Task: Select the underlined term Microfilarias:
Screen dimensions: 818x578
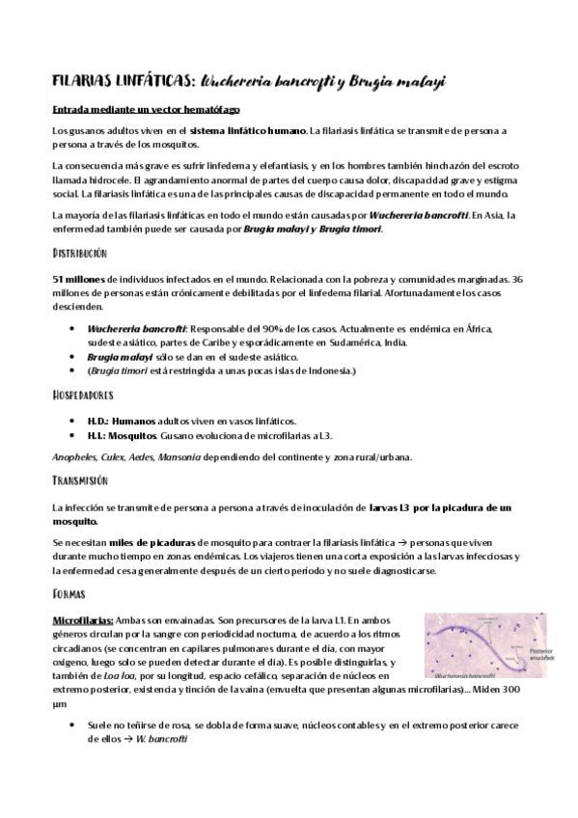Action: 87,619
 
